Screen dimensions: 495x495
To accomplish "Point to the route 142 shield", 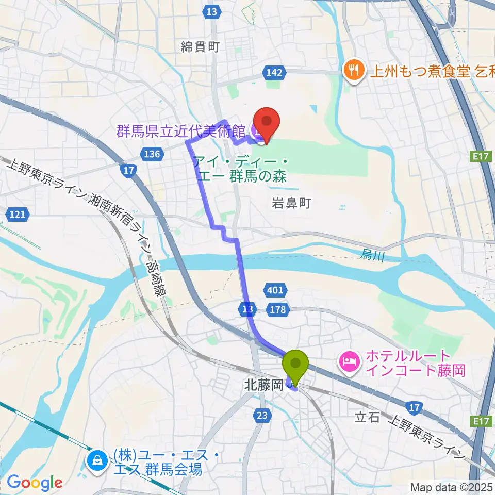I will [274, 73].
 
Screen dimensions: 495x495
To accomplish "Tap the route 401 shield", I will [275, 290].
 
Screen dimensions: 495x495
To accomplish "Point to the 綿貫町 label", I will [201, 47].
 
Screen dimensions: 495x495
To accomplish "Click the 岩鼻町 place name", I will [291, 204].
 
